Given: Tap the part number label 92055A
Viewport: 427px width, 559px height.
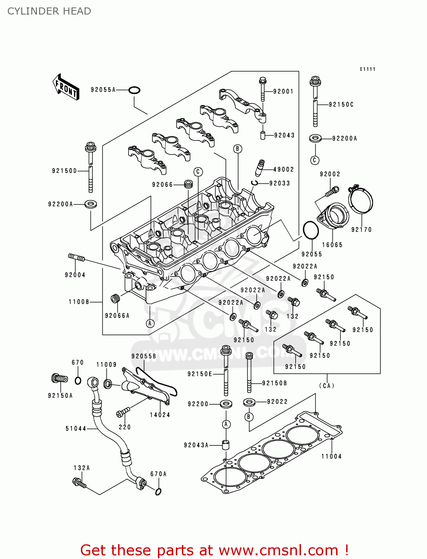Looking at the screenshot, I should tap(103, 90).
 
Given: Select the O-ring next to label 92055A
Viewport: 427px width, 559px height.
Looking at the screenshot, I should tap(134, 90).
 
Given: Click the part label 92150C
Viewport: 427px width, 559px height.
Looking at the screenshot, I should tap(341, 105).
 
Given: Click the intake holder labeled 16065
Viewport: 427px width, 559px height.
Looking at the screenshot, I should tap(333, 216).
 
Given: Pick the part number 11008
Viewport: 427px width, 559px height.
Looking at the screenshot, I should tap(79, 302).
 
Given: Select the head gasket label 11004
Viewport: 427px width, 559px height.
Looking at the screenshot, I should tap(331, 456).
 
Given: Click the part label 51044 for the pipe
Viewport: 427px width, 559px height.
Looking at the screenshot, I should tap(76, 429).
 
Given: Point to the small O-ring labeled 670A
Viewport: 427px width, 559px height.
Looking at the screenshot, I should tap(158, 492).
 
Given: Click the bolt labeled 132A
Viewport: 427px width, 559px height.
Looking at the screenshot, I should tap(79, 483).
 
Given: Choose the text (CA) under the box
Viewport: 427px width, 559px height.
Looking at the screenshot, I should tap(327, 386).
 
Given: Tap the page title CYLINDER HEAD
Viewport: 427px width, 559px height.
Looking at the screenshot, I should tap(49, 11).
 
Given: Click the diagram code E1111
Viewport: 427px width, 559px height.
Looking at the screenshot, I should tap(367, 69).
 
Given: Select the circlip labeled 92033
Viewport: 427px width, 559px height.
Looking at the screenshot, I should tap(255, 183).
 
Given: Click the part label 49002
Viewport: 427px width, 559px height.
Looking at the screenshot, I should tap(284, 170).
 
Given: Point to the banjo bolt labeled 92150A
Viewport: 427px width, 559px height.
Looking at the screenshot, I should tap(59, 379).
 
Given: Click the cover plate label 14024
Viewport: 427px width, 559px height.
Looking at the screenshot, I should tap(160, 415).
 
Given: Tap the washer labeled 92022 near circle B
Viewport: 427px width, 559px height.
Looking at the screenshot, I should tap(249, 402).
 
